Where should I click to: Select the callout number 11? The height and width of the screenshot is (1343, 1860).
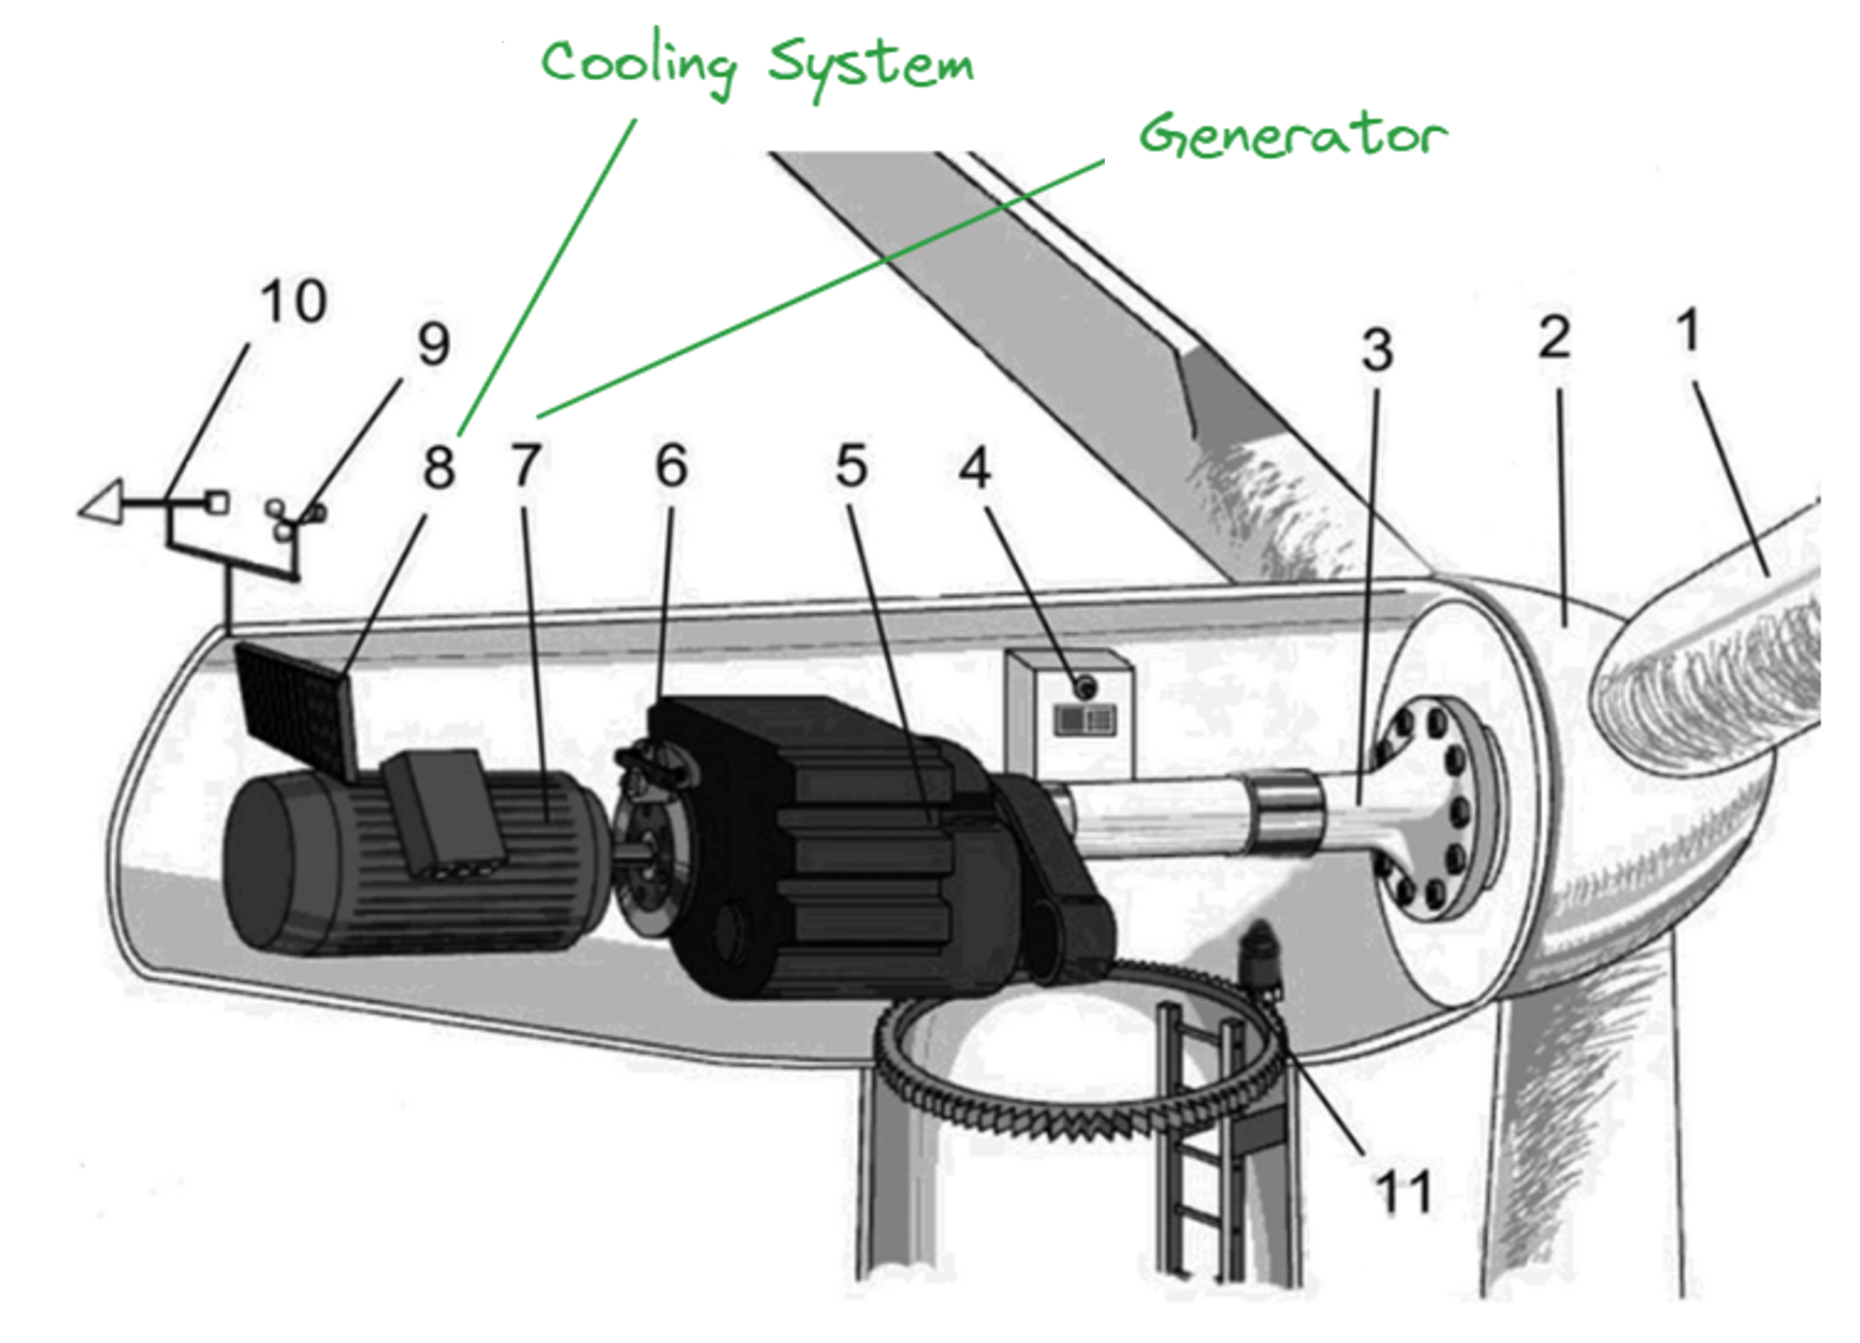pos(1403,1192)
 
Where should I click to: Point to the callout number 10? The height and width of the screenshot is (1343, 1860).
pos(293,302)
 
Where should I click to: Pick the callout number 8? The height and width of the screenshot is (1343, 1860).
pos(439,467)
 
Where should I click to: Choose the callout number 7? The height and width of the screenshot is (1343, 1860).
pos(526,466)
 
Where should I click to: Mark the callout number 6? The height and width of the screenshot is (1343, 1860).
pos(671,466)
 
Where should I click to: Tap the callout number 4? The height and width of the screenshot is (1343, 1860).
pos(976,468)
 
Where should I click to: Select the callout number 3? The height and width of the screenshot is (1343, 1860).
pos(1377,350)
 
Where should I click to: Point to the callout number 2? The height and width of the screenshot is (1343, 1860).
pos(1554,338)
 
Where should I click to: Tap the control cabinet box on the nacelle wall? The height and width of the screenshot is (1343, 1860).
pos(1069,711)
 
